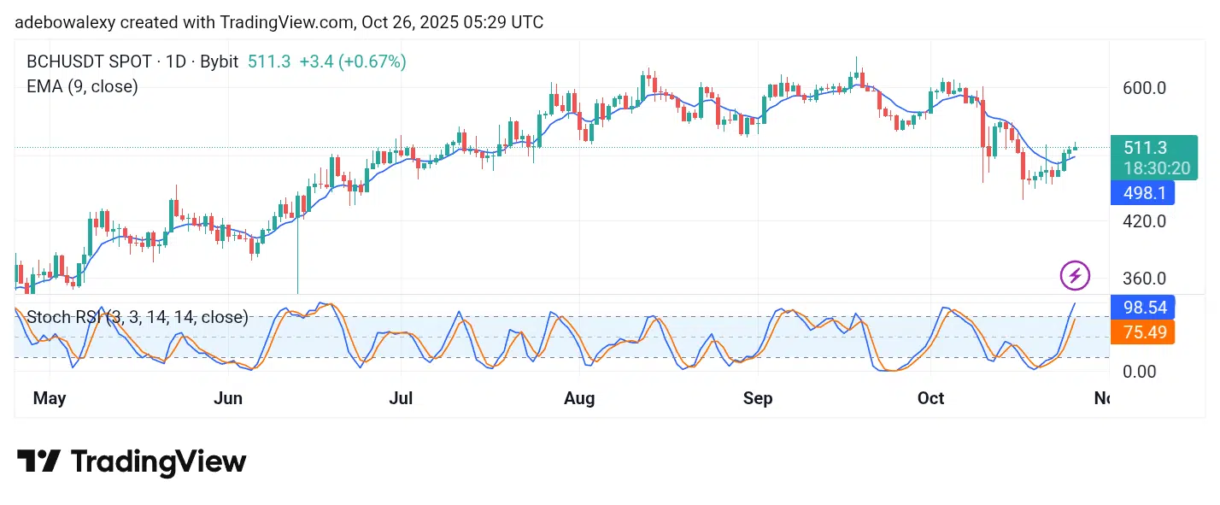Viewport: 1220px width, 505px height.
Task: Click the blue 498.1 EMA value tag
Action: click(x=1142, y=193)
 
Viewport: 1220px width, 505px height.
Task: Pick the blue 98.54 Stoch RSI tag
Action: click(x=1142, y=307)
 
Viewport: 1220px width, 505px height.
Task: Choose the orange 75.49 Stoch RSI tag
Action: click(x=1142, y=332)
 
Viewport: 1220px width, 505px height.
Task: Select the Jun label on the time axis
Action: click(x=228, y=398)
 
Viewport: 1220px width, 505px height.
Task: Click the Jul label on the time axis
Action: click(x=401, y=398)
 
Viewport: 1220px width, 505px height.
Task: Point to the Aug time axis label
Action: click(x=580, y=398)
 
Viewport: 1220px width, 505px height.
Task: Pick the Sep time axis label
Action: click(x=758, y=398)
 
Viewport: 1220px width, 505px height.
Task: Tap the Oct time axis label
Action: click(x=930, y=398)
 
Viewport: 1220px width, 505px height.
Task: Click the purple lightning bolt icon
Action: click(x=1075, y=275)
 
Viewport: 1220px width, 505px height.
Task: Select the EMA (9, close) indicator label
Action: click(x=82, y=85)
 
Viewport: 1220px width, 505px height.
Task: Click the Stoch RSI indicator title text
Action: click(x=137, y=317)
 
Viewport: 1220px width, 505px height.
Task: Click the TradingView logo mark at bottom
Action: click(x=38, y=461)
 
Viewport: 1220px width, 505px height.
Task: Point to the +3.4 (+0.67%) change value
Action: click(x=353, y=62)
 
